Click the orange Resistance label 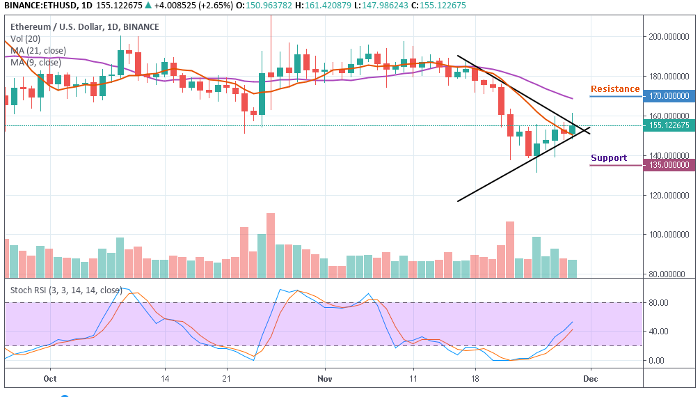tap(615, 89)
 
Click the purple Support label tap(609, 158)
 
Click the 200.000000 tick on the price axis tap(670, 36)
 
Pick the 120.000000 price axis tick tap(670, 195)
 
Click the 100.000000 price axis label tap(670, 235)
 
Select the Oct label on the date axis tap(49, 380)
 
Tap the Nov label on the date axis tap(324, 380)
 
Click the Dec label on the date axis tap(591, 380)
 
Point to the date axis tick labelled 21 tap(225, 380)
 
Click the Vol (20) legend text tap(25, 39)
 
